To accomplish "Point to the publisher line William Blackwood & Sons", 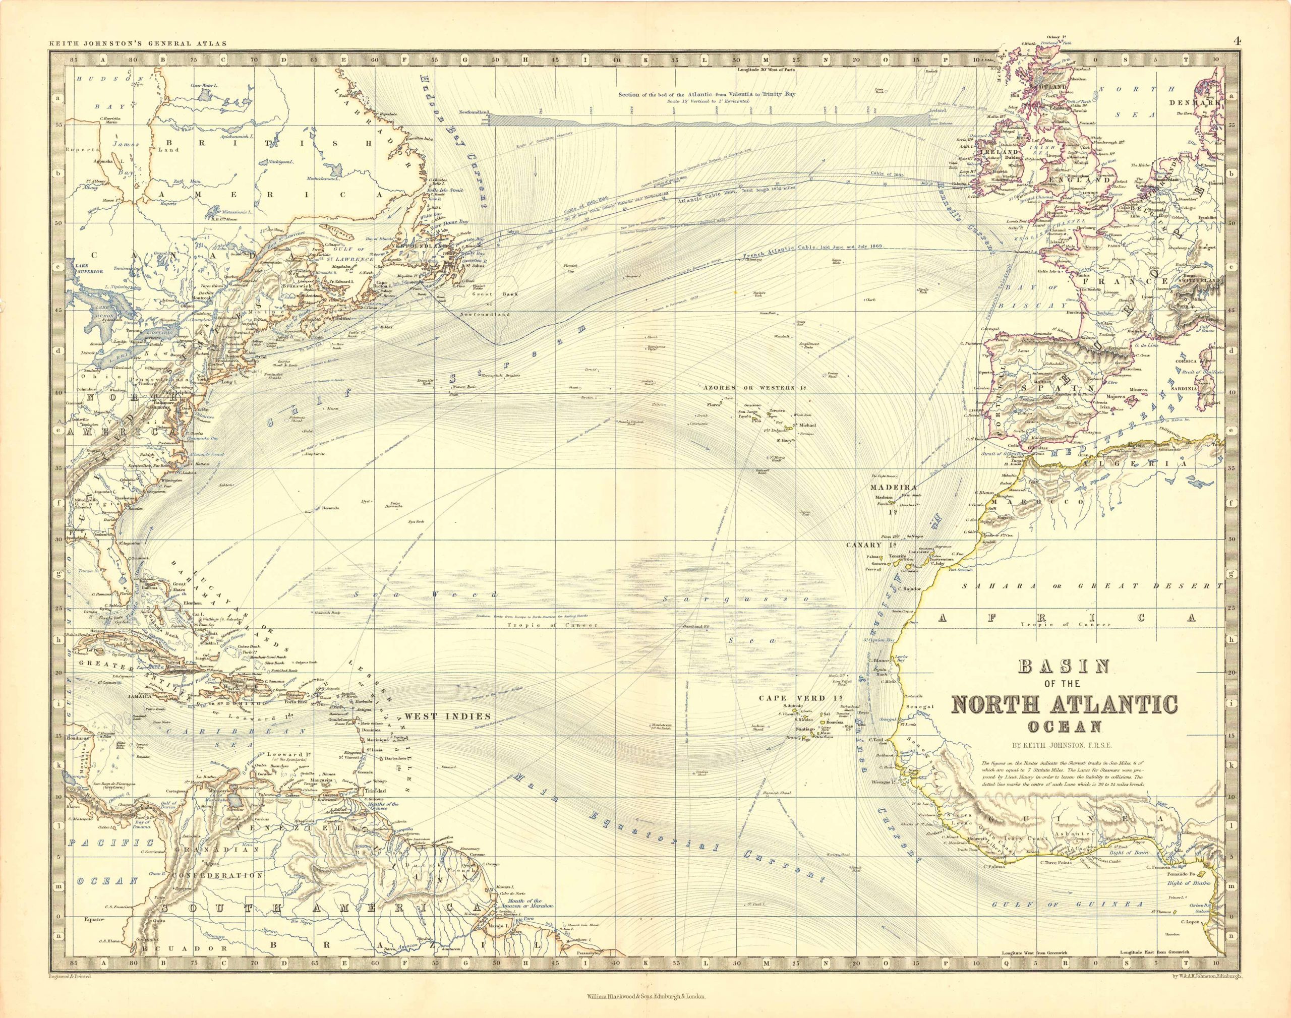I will pyautogui.click(x=645, y=996).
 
